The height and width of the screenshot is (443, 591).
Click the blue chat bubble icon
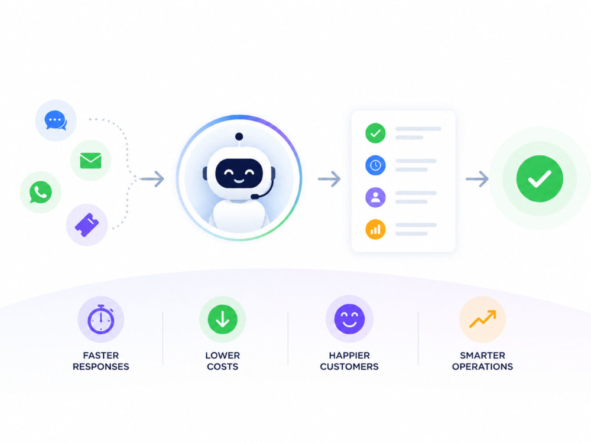click(x=56, y=120)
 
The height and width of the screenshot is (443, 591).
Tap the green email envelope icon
click(x=91, y=161)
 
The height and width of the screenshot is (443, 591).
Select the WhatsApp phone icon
click(x=40, y=192)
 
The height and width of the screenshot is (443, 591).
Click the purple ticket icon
click(x=87, y=225)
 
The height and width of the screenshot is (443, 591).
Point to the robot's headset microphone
click(x=255, y=197)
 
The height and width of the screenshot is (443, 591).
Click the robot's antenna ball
click(x=239, y=136)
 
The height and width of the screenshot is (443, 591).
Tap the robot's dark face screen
click(x=239, y=173)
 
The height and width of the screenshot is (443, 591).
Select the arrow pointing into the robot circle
click(x=152, y=178)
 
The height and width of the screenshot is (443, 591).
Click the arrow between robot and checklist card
click(x=329, y=178)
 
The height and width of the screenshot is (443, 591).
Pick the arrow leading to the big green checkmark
click(x=477, y=178)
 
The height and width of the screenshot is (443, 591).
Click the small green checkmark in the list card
click(x=375, y=133)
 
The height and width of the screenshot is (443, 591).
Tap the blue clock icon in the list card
click(x=375, y=165)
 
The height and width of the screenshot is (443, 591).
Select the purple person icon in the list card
click(x=375, y=197)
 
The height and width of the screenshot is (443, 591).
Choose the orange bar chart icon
click(x=375, y=229)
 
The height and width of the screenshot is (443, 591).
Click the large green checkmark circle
click(x=540, y=178)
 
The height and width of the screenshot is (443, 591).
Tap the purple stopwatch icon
click(x=100, y=320)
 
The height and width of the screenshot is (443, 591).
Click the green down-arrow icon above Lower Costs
click(x=222, y=320)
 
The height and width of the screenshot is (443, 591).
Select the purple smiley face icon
click(x=349, y=319)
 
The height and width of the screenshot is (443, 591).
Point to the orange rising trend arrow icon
click(x=482, y=319)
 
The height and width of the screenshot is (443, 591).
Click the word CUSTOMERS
click(x=349, y=367)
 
